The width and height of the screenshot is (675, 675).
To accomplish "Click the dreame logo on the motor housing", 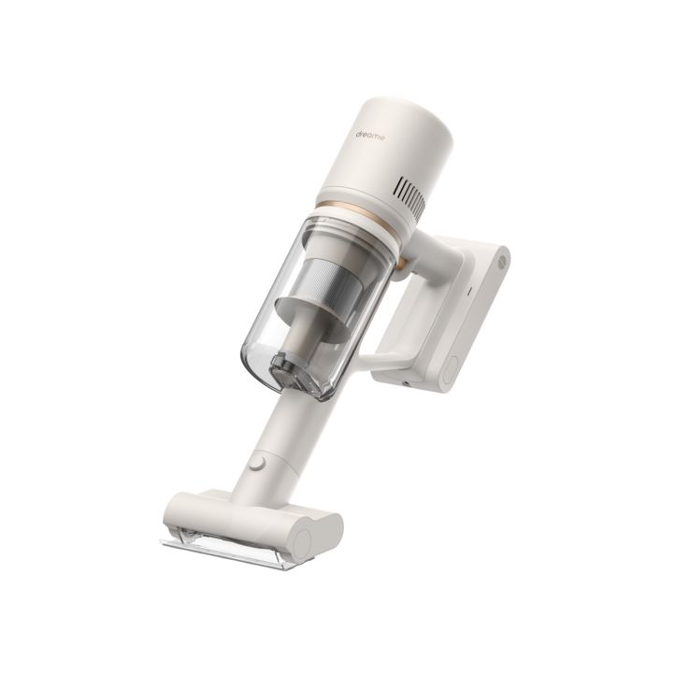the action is [370, 136].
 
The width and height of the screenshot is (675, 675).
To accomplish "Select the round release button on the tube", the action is [257, 463].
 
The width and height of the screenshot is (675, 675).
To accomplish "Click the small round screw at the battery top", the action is [501, 262].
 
